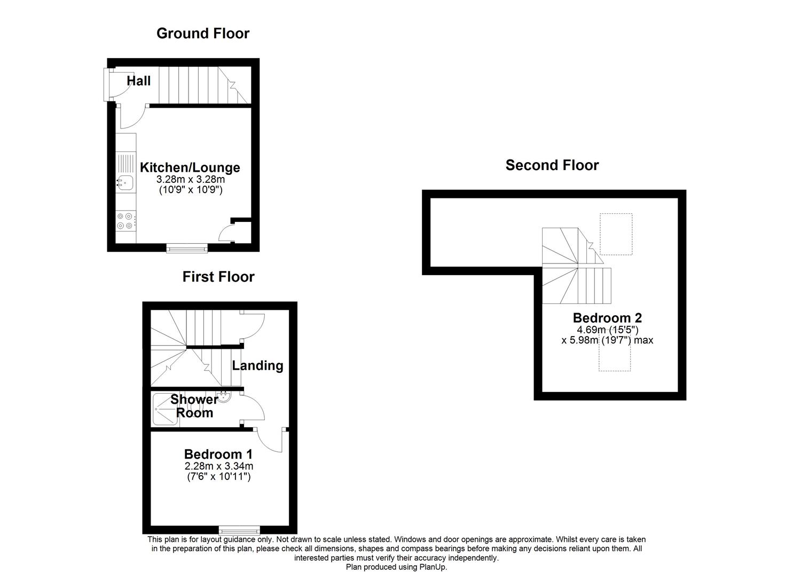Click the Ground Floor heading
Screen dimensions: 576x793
coord(203,34)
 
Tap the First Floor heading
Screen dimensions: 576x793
coord(218,277)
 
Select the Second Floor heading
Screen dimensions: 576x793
coord(552,165)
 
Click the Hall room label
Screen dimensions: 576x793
coord(139,81)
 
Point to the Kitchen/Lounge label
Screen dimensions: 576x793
coord(190,167)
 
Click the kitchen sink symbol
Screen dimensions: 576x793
coord(125,183)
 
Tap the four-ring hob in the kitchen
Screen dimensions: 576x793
coord(125,221)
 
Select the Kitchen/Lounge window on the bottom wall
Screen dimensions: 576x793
coord(186,247)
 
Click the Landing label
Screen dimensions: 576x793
coord(257,366)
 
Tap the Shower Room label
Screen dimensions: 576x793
coord(194,406)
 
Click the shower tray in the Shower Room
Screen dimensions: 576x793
coord(165,409)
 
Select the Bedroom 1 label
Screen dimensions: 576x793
coord(218,454)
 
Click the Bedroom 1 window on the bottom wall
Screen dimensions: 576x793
coord(239,530)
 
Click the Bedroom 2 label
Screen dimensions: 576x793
coord(607,318)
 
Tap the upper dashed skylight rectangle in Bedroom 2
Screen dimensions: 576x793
coord(616,234)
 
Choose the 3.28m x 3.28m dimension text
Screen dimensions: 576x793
coord(190,180)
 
